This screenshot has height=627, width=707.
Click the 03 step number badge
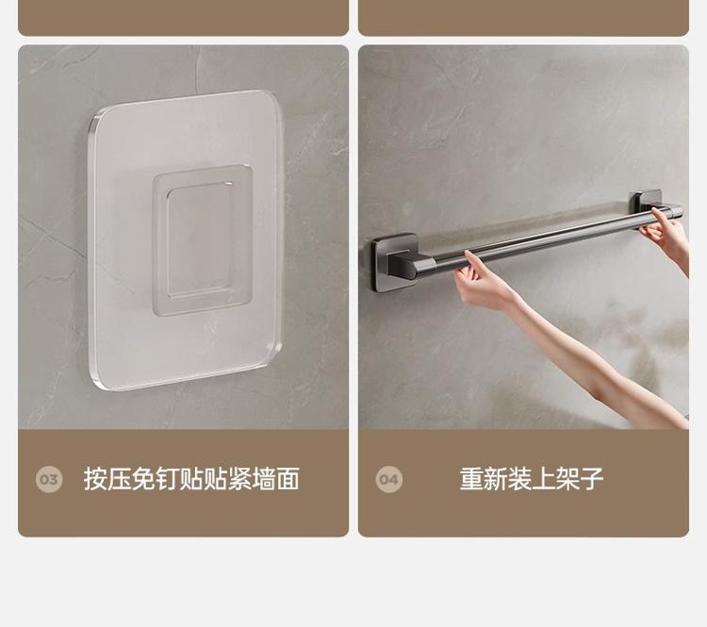pyautogui.click(x=49, y=479)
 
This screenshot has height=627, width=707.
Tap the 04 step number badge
pyautogui.click(x=389, y=479)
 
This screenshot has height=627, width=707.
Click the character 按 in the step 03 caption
pyautogui.click(x=95, y=479)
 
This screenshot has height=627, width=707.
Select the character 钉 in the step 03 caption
pyautogui.click(x=167, y=479)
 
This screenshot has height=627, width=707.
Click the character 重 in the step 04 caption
pyautogui.click(x=471, y=479)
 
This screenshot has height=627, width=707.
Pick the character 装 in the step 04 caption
pyautogui.click(x=519, y=479)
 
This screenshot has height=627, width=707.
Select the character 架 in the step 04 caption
pyautogui.click(x=567, y=479)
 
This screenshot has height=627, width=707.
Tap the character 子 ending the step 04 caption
pyautogui.click(x=592, y=479)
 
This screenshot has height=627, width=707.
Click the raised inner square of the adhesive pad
pyautogui.click(x=202, y=240)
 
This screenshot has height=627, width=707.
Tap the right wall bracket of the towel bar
pyautogui.click(x=646, y=202)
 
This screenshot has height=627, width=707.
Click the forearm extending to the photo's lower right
pyautogui.click(x=600, y=361)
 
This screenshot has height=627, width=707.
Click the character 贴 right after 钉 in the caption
pyautogui.click(x=191, y=479)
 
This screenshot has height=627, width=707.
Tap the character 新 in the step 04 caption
pyautogui.click(x=496, y=479)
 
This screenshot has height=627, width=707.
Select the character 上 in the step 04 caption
pyautogui.click(x=544, y=479)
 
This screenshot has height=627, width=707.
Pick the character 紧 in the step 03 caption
pyautogui.click(x=239, y=479)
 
